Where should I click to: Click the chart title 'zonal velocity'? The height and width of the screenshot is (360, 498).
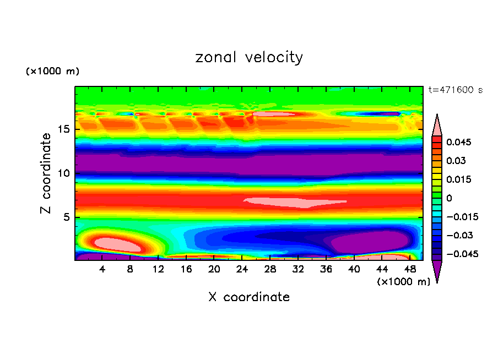249,57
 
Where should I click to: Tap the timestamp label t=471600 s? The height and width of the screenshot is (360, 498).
455,90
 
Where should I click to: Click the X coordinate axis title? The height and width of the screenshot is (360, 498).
249,297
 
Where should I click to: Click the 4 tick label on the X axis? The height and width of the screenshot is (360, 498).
102,269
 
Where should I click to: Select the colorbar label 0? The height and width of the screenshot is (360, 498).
448,198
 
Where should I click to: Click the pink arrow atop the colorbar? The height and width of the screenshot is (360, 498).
437,126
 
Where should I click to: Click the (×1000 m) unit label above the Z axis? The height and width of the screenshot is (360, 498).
53,72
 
